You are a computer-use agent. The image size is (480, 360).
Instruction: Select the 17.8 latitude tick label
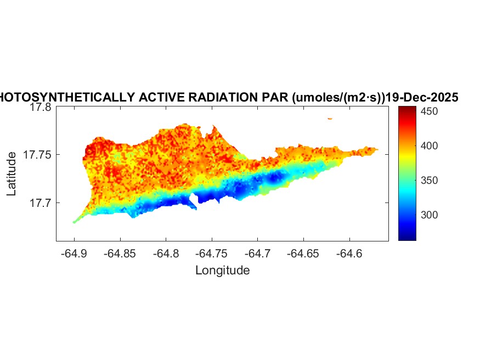(x=40, y=108)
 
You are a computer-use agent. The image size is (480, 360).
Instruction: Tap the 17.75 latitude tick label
(x=37, y=155)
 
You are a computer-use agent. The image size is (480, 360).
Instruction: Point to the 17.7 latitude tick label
(x=40, y=203)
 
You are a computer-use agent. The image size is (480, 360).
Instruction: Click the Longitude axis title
(x=223, y=270)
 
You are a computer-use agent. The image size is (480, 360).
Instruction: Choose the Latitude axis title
(x=12, y=175)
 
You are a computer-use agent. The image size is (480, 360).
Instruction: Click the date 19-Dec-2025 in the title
(x=422, y=98)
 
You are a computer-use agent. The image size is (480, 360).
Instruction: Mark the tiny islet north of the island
(x=330, y=118)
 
